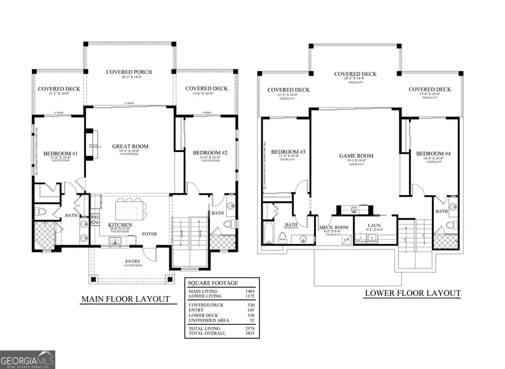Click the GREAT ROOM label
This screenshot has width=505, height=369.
(130, 146)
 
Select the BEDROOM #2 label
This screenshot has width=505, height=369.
(209, 153)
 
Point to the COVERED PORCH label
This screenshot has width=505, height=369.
(131, 72)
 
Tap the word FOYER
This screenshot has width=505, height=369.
(149, 234)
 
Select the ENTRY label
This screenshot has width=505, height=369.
(132, 261)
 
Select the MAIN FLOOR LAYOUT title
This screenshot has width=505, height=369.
(125, 299)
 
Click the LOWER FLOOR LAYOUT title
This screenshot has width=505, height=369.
(412, 293)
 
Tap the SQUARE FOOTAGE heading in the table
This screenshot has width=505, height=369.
(213, 283)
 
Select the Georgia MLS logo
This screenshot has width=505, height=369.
(27, 359)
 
